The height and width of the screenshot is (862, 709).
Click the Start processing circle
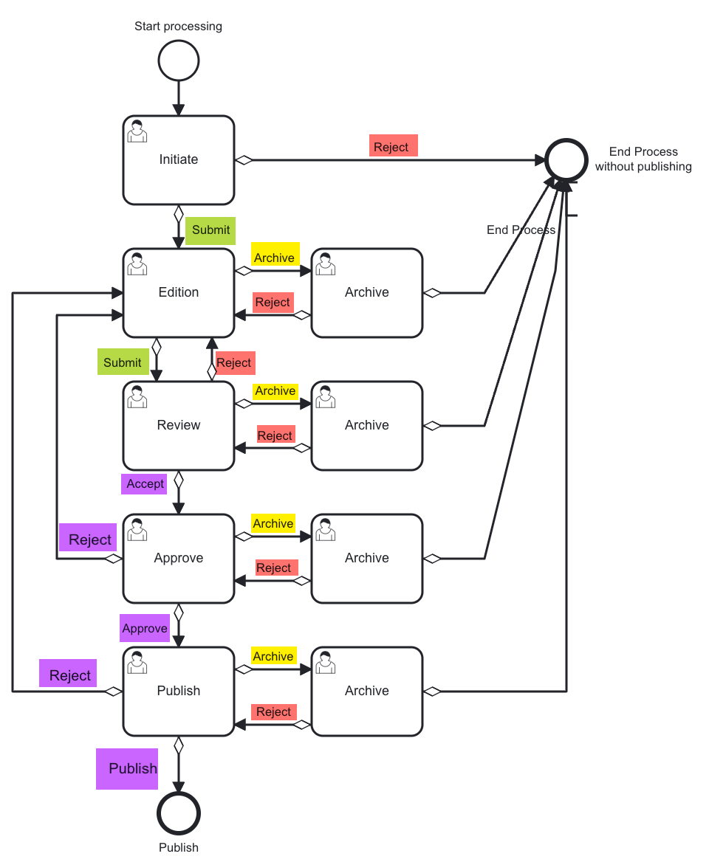[x=179, y=61]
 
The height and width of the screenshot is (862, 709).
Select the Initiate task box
[x=179, y=160]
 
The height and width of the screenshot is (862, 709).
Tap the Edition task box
[x=179, y=293]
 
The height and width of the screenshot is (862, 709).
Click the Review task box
[x=179, y=426]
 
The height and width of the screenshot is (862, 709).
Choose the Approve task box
[x=179, y=559]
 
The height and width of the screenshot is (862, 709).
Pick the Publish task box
[x=179, y=692]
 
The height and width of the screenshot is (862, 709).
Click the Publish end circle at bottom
[x=179, y=813]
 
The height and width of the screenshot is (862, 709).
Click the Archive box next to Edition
[x=367, y=293]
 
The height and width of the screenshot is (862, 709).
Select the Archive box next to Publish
[x=367, y=692]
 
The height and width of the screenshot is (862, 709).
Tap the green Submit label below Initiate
[x=210, y=230]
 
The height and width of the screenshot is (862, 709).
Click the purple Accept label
[x=145, y=484]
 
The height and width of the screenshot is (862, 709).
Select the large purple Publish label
[x=133, y=769]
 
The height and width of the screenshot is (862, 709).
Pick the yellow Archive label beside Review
[x=275, y=391]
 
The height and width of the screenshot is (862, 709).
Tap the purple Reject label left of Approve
[x=89, y=540]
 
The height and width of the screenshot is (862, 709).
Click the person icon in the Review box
[x=137, y=396]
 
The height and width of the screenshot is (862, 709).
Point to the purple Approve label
[x=145, y=629]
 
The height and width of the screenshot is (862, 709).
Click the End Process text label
[x=521, y=230]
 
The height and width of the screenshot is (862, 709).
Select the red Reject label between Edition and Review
[x=234, y=363]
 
